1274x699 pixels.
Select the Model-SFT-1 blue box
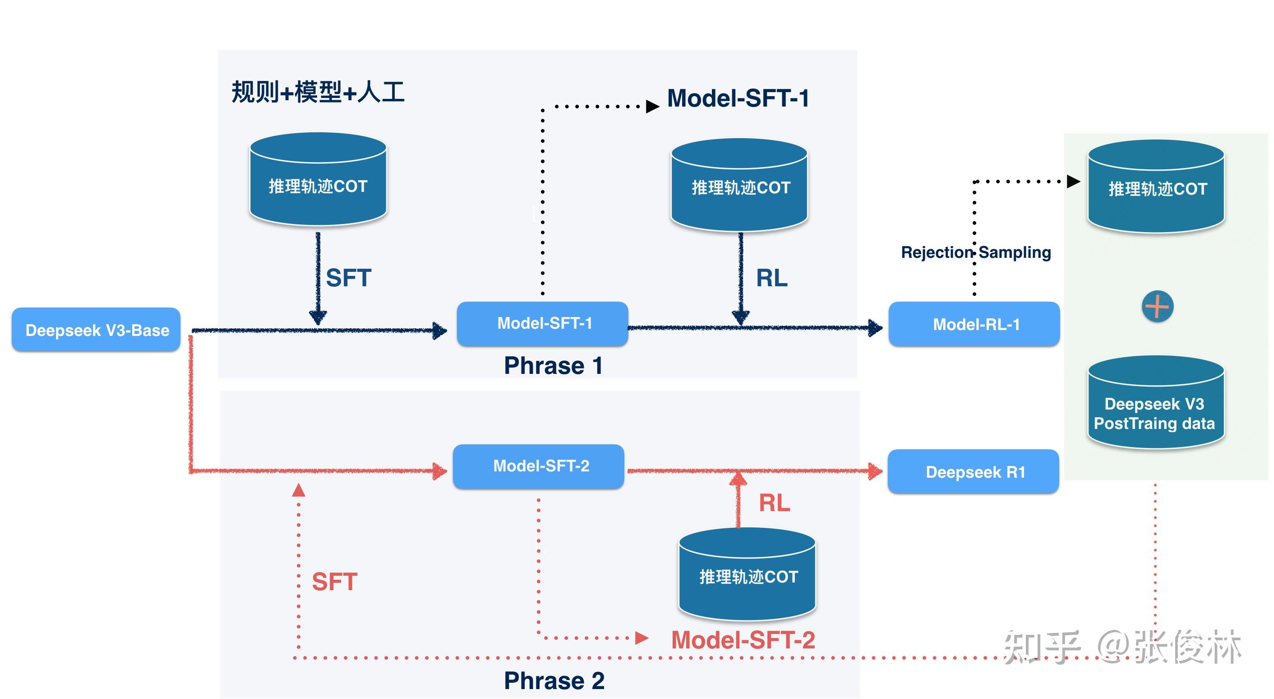tap(543, 323)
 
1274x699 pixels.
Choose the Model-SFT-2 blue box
tap(539, 466)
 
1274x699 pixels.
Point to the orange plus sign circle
tap(1157, 307)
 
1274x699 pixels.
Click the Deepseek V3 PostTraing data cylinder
tap(1155, 403)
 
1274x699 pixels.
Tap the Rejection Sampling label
tap(975, 252)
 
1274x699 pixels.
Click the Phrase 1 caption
tap(553, 366)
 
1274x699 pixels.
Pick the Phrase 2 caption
tap(554, 680)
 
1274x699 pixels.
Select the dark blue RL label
tap(771, 278)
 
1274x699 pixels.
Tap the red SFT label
tap(334, 582)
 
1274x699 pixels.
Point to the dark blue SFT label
tap(348, 278)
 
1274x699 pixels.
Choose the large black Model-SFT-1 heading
tap(738, 98)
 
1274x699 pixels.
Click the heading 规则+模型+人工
tap(318, 92)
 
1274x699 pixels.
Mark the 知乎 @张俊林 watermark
tap(1123, 646)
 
